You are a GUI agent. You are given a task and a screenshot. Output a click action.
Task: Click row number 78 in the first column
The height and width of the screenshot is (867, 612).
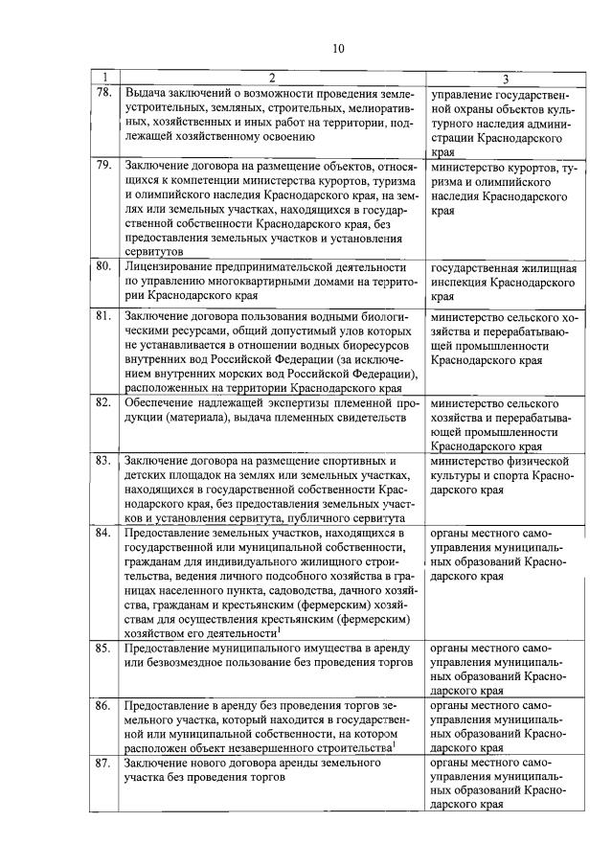pyautogui.click(x=104, y=93)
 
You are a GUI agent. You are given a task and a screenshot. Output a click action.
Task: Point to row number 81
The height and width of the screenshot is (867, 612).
pyautogui.click(x=104, y=315)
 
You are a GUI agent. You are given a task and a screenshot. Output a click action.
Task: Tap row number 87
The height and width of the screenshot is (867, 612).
pyautogui.click(x=104, y=764)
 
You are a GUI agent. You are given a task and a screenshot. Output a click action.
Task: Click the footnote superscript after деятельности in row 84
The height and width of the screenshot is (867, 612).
pyautogui.click(x=279, y=628)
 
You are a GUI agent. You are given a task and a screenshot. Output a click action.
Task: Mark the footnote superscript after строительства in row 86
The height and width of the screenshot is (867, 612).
pyautogui.click(x=395, y=742)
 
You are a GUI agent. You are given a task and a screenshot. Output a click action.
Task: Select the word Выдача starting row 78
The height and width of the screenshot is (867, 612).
pyautogui.click(x=147, y=93)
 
